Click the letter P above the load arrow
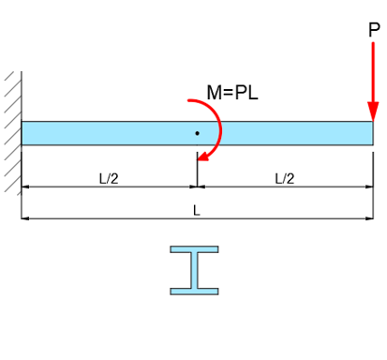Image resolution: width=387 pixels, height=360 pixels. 374,29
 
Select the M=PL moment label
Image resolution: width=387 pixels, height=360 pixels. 232,93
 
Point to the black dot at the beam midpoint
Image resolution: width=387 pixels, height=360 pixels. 197,133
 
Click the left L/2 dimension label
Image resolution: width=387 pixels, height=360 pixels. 109,178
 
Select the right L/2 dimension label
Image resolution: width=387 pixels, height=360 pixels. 285,178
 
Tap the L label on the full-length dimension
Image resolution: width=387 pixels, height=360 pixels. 197,210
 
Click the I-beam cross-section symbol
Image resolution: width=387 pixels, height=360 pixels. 195,270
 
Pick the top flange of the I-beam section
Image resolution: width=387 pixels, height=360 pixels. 195,250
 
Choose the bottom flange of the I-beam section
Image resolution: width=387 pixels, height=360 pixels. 195,290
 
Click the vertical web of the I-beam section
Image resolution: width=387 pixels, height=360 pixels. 195,270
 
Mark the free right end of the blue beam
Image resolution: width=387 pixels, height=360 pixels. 372,133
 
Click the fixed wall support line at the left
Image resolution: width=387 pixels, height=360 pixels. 21,131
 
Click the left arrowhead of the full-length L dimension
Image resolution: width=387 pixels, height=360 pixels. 25,218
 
